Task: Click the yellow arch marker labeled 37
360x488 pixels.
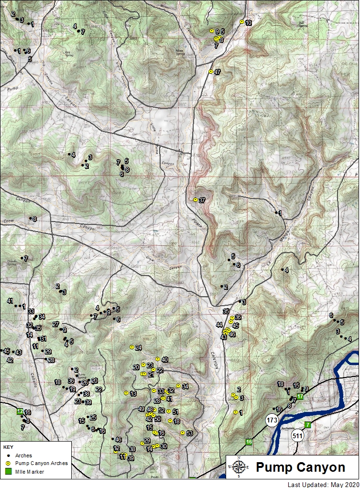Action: point(196,200)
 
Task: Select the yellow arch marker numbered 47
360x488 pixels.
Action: point(211,72)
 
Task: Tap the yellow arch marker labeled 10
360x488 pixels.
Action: point(242,22)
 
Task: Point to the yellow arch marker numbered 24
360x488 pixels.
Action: point(132,347)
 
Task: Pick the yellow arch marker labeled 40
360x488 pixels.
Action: point(158,359)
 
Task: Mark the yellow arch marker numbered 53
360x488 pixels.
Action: point(183,433)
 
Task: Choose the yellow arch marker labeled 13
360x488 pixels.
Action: point(126,393)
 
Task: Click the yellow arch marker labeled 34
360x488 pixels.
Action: point(178,386)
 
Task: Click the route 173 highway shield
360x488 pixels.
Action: point(272,420)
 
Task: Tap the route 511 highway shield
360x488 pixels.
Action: point(299,436)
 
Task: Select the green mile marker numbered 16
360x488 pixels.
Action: point(249,442)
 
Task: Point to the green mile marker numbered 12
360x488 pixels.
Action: point(20,411)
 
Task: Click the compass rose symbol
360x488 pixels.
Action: point(239,467)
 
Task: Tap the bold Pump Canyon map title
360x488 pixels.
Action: point(301,467)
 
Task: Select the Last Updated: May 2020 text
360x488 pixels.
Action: point(322,484)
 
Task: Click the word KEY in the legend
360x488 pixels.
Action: point(8,447)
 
